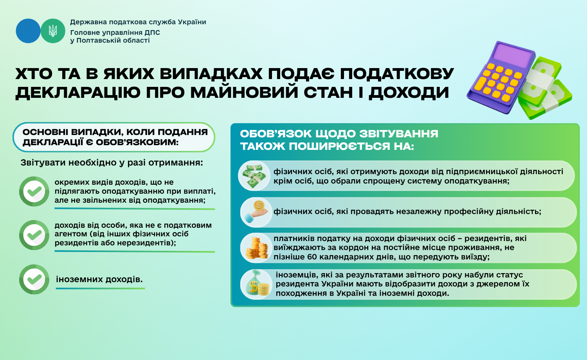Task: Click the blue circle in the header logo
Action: tap(28, 31)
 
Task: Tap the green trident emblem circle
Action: tap(53, 31)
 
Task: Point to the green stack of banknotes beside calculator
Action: tap(548, 88)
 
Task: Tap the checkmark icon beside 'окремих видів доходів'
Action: tap(34, 191)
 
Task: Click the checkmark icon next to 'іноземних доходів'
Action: tap(34, 279)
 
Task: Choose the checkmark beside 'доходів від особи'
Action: tap(34, 235)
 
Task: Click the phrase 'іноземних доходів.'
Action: tap(99, 279)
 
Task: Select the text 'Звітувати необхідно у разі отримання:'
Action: tap(112, 162)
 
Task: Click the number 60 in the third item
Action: tap(312, 257)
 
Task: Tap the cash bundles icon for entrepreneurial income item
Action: tap(254, 176)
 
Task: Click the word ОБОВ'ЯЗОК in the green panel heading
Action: tap(276, 134)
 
